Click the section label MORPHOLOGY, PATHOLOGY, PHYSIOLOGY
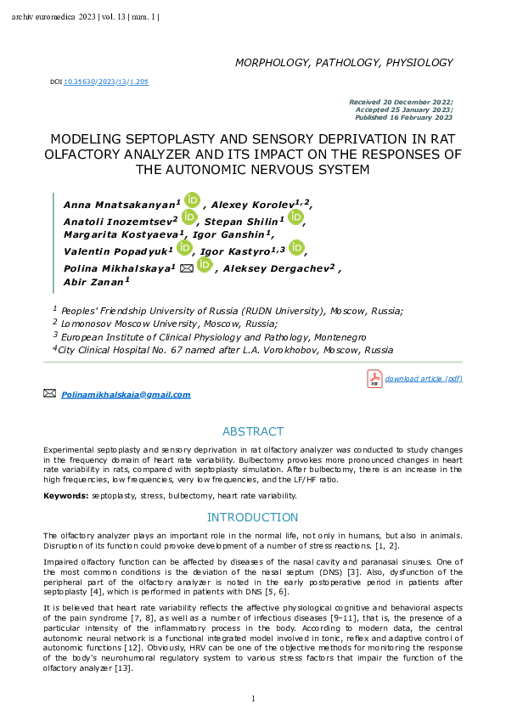[x=344, y=63]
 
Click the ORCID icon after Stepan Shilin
[x=295, y=217]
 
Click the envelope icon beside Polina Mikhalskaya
[x=187, y=267]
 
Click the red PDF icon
[x=374, y=379]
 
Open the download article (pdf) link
[x=424, y=379]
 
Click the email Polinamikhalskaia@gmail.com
[x=126, y=395]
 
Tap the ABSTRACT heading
[x=253, y=431]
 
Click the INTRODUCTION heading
[x=253, y=517]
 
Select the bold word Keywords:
[x=66, y=495]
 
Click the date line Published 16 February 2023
[x=404, y=116]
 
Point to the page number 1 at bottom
[x=253, y=698]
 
